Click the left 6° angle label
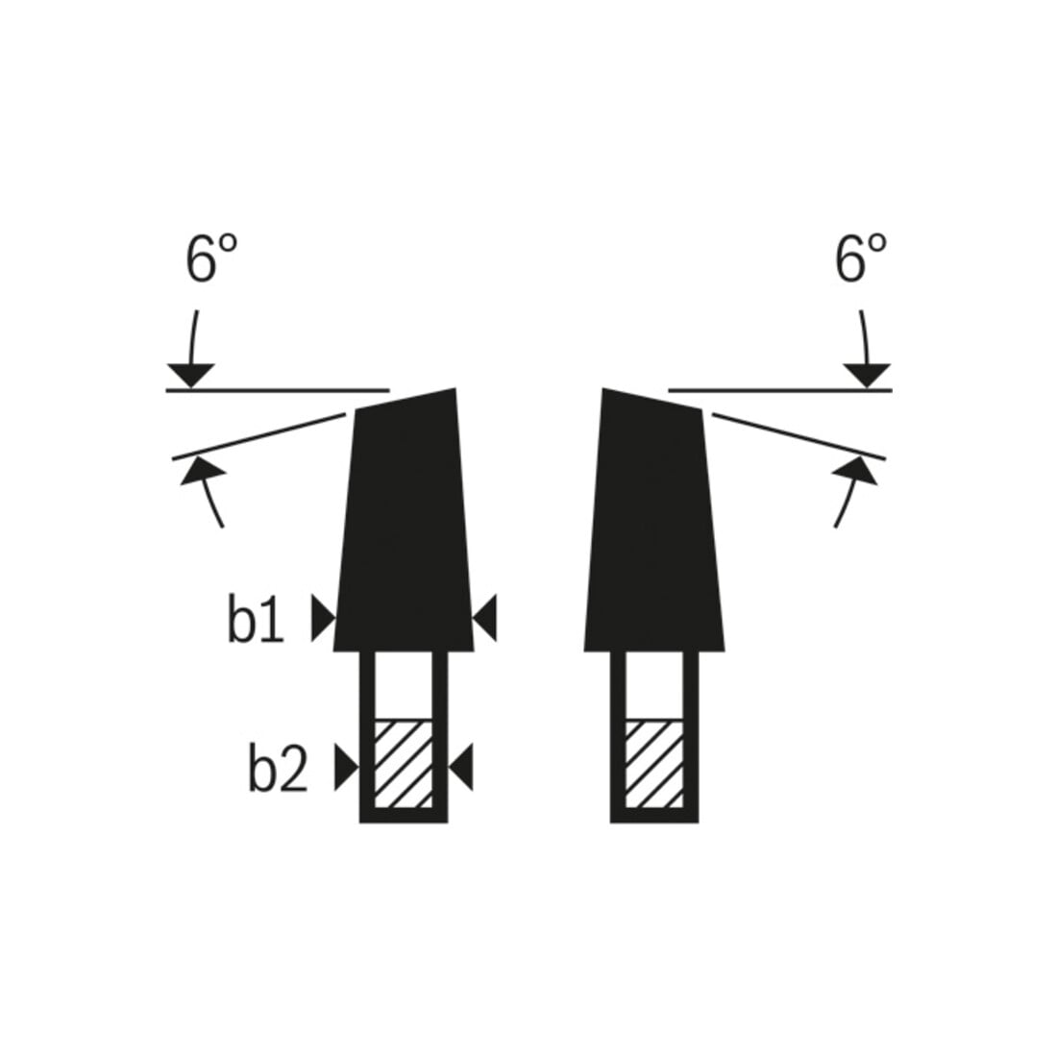(211, 258)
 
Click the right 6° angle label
(861, 258)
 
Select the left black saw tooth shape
(404, 519)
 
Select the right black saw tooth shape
(654, 519)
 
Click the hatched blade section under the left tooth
(404, 764)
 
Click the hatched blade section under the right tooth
(653, 764)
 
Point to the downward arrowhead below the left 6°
(191, 375)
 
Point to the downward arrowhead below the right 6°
(868, 375)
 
